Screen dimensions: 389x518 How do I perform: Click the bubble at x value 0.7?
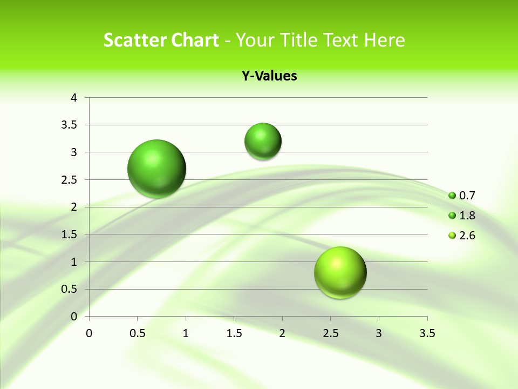click(x=157, y=169)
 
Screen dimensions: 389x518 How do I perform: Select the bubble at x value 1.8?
click(x=263, y=141)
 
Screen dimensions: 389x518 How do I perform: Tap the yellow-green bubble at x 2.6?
click(x=340, y=272)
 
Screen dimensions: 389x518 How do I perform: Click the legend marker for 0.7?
click(x=452, y=196)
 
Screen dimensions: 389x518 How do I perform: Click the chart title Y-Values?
click(x=269, y=76)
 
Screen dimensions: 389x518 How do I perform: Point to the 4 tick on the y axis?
click(x=74, y=98)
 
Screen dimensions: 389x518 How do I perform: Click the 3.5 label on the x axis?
click(x=427, y=333)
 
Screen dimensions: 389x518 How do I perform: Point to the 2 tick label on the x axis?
click(x=282, y=333)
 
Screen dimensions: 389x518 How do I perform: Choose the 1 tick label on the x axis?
click(x=186, y=333)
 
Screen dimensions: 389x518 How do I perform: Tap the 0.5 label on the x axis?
click(x=137, y=333)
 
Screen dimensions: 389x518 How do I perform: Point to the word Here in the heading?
click(x=385, y=40)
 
